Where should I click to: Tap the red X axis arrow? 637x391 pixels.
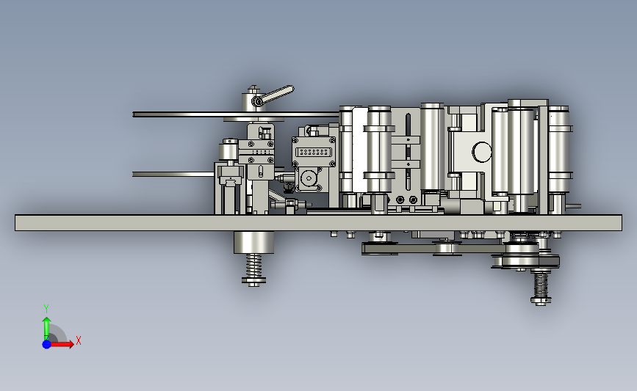tap(62, 344)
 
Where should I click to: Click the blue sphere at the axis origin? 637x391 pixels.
tap(46, 344)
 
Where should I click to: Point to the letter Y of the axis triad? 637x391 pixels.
tap(46, 309)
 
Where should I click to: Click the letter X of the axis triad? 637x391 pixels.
tap(79, 340)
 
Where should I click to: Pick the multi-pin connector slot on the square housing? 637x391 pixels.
tap(314, 152)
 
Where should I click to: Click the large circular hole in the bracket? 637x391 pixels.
tap(482, 152)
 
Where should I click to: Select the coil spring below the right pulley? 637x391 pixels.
tap(540, 285)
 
